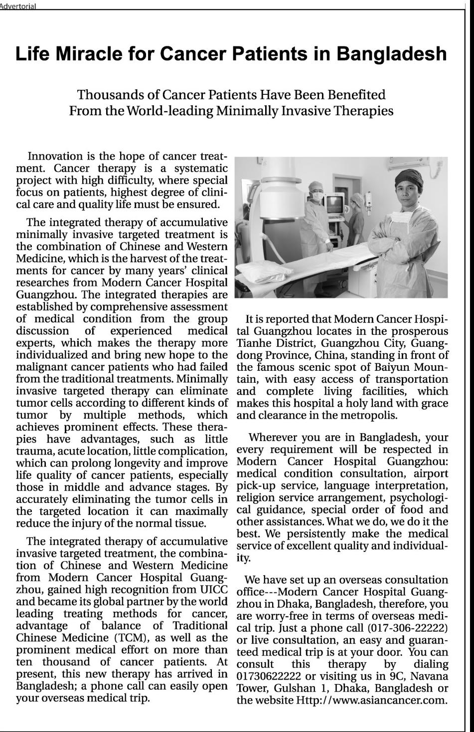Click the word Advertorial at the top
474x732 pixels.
point(18,6)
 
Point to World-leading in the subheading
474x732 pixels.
point(170,111)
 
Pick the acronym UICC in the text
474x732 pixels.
point(214,589)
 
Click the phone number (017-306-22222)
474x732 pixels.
point(408,628)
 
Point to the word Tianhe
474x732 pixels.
point(254,343)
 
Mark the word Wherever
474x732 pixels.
point(273,438)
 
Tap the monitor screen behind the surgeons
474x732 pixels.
point(334,204)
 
